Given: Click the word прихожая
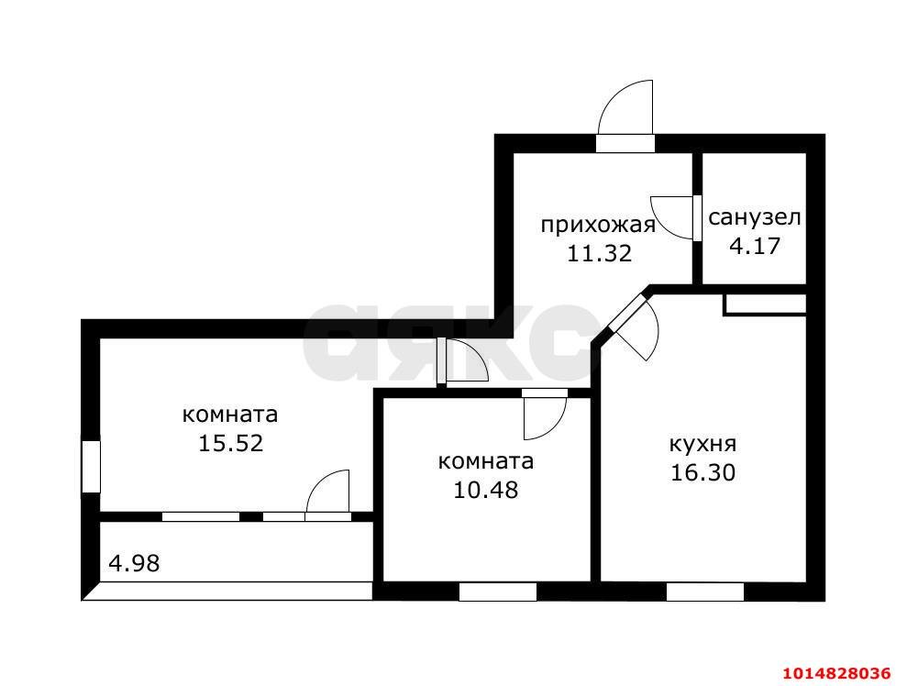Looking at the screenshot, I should click(x=597, y=226).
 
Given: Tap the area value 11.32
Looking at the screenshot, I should click(x=599, y=254).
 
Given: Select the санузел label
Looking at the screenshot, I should click(x=755, y=218).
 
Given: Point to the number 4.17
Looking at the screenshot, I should click(x=754, y=247).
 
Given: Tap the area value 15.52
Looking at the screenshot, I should click(x=230, y=444).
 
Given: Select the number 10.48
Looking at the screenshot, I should click(x=486, y=490).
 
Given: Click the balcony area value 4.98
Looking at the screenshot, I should click(x=134, y=563).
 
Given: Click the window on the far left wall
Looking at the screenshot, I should click(x=90, y=466).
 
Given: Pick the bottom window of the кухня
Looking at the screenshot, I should click(x=704, y=592).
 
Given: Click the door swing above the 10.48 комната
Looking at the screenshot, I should click(x=544, y=415).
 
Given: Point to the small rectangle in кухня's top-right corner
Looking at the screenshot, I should click(x=765, y=304).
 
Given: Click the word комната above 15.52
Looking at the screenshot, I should click(x=230, y=415).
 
